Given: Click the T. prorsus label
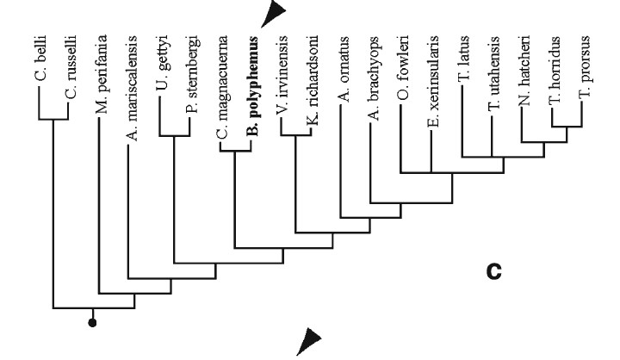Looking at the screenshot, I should tap(585, 75).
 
